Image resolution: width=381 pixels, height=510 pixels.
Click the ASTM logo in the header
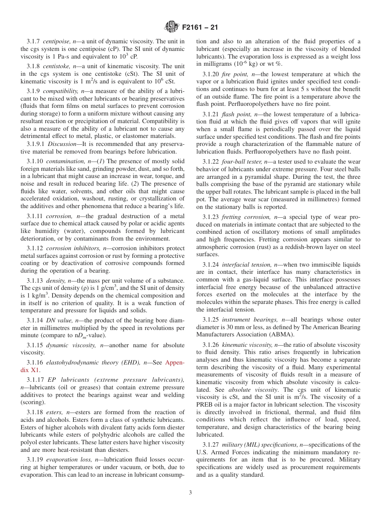tap(172, 28)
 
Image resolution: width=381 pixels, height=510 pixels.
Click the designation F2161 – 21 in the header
tap(200, 28)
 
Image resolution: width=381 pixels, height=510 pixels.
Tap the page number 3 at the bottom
tap(190, 492)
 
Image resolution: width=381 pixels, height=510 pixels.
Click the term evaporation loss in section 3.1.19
tap(68, 460)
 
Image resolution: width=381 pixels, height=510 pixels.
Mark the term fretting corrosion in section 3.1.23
tap(246, 217)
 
